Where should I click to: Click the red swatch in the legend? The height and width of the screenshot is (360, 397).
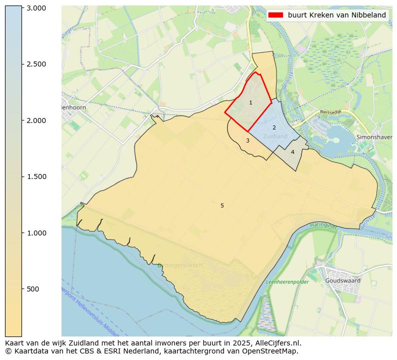click(x=275, y=15)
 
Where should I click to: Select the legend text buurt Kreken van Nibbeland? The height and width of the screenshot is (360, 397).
click(x=336, y=15)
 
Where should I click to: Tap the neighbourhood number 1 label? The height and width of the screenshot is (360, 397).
click(x=250, y=102)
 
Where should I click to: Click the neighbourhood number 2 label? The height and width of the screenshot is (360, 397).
click(x=274, y=128)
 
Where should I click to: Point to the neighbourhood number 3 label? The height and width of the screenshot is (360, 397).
click(x=247, y=140)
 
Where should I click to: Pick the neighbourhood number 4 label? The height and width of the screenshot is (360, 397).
click(x=292, y=152)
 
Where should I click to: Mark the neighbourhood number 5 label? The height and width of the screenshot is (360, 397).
click(x=222, y=205)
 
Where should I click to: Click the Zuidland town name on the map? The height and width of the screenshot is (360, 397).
click(x=275, y=136)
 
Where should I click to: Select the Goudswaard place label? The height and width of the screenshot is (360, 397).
click(x=342, y=280)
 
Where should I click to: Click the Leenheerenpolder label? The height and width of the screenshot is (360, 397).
click(x=287, y=282)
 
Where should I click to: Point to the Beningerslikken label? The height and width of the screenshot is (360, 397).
click(x=180, y=265)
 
